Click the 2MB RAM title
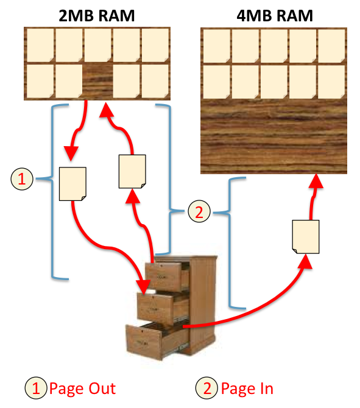pyautogui.click(x=97, y=16)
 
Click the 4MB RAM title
pyautogui.click(x=275, y=16)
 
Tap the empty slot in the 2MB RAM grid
pyautogui.click(x=97, y=81)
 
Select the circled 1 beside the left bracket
pyautogui.click(x=22, y=179)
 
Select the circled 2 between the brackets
pyautogui.click(x=199, y=211)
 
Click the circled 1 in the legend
pyautogui.click(x=36, y=388)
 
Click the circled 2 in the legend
pyautogui.click(x=206, y=388)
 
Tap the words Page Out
pyautogui.click(x=82, y=389)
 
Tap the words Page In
pyautogui.click(x=247, y=389)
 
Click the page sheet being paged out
pyautogui.click(x=72, y=184)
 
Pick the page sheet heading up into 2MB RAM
pyautogui.click(x=132, y=172)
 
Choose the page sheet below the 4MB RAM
pyautogui.click(x=306, y=237)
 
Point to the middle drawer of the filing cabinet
pyautogui.click(x=160, y=309)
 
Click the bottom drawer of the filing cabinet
pyautogui.click(x=154, y=342)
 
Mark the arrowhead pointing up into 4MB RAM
pyautogui.click(x=316, y=181)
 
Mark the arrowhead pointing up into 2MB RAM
pyautogui.click(x=106, y=110)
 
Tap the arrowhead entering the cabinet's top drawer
pyautogui.click(x=143, y=287)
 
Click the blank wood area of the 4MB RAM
pyautogui.click(x=274, y=136)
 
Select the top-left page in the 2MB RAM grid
pyautogui.click(x=40, y=45)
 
